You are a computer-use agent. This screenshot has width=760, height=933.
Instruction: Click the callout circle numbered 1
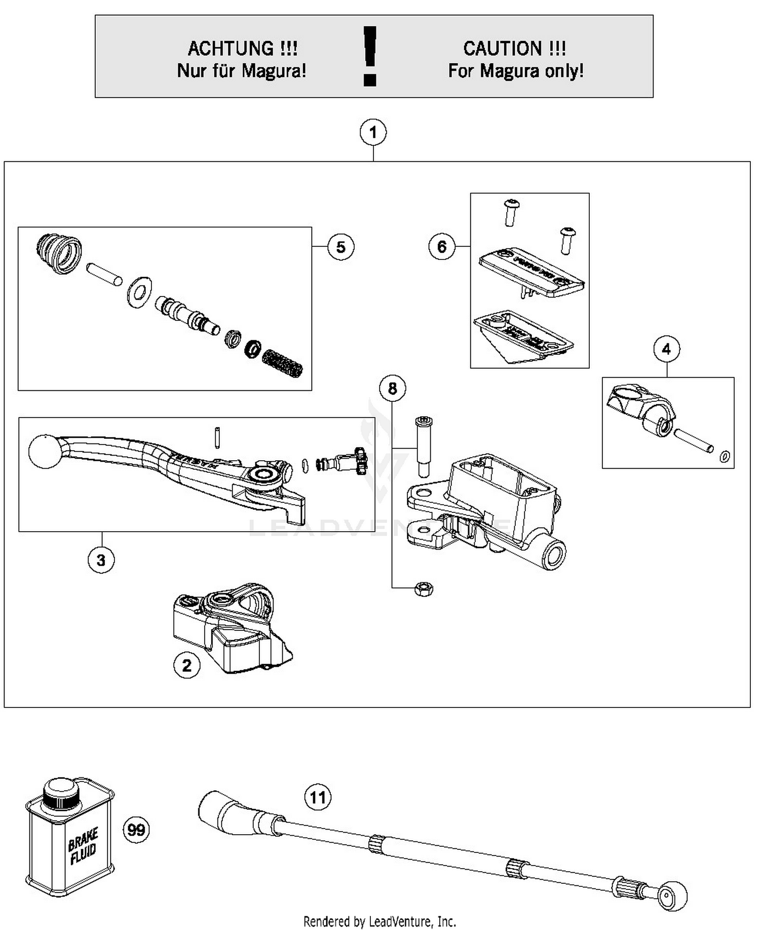point(373,133)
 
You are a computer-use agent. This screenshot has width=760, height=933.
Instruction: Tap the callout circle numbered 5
point(340,247)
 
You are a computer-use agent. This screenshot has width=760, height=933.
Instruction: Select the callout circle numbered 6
point(441,247)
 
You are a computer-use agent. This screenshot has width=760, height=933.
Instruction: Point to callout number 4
point(666,349)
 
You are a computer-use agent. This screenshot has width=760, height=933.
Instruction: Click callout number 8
point(393,388)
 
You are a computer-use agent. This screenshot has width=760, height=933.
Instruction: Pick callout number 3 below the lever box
point(101,560)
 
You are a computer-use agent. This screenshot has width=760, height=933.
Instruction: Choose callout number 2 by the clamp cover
point(186,665)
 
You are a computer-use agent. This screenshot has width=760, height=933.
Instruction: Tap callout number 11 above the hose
point(318,797)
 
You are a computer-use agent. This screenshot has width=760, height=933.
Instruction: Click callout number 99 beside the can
point(136,830)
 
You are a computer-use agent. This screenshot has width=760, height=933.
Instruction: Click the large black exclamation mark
point(370,55)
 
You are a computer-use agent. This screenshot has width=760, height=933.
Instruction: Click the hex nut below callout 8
point(424,589)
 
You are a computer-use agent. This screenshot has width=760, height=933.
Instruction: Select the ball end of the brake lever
point(44,452)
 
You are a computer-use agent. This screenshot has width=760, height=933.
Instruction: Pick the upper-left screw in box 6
point(511,212)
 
